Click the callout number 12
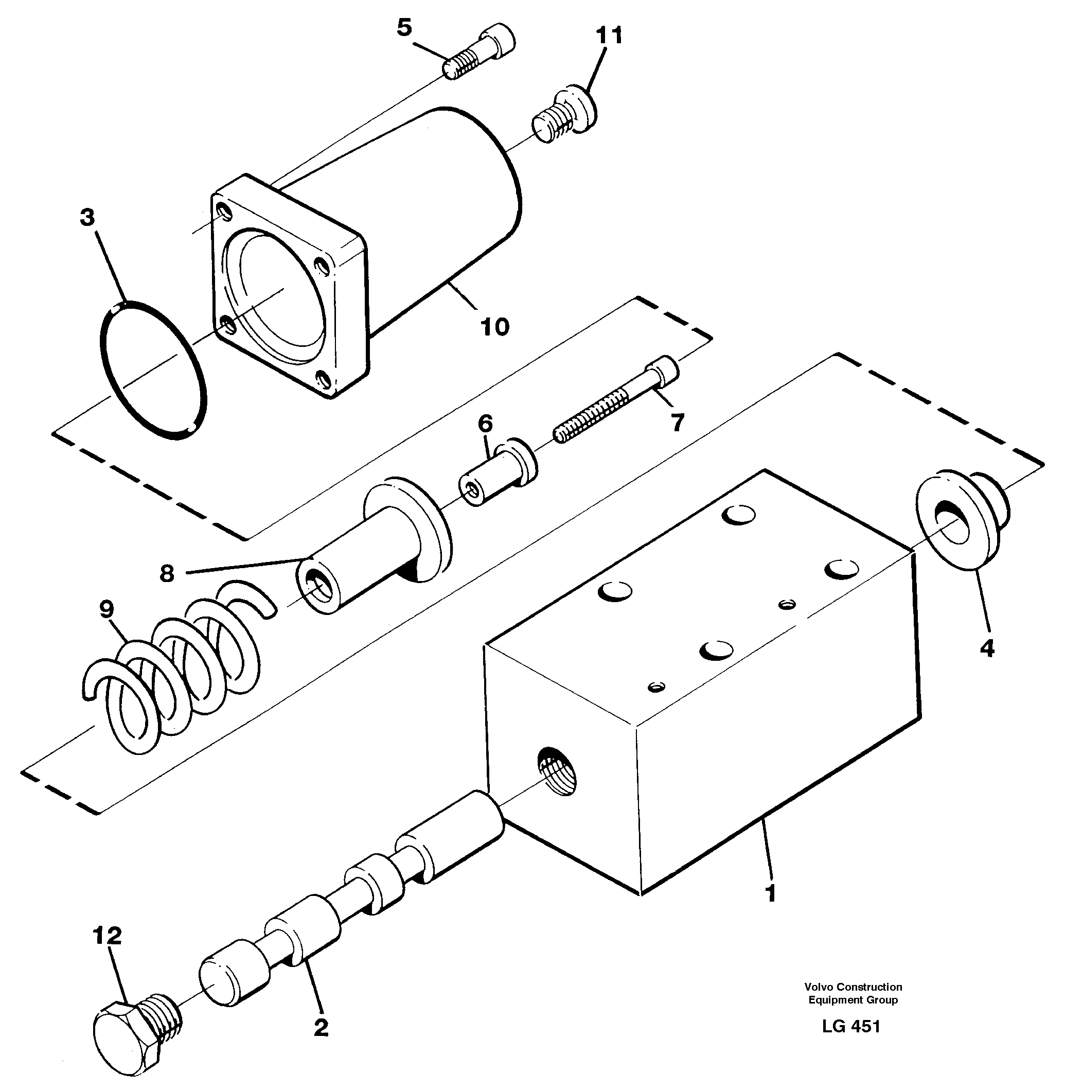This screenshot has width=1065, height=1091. tap(107, 936)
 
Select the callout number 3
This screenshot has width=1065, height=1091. tap(87, 217)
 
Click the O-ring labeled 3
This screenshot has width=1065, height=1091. tap(153, 370)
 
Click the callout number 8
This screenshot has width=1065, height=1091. tap(167, 573)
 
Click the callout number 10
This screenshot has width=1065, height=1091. tap(494, 327)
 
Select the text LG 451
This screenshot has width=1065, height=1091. tap(851, 1026)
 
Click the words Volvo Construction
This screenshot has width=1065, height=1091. tap(853, 987)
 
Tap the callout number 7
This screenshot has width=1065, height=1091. tap(678, 423)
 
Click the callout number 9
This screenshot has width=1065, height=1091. tap(106, 609)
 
